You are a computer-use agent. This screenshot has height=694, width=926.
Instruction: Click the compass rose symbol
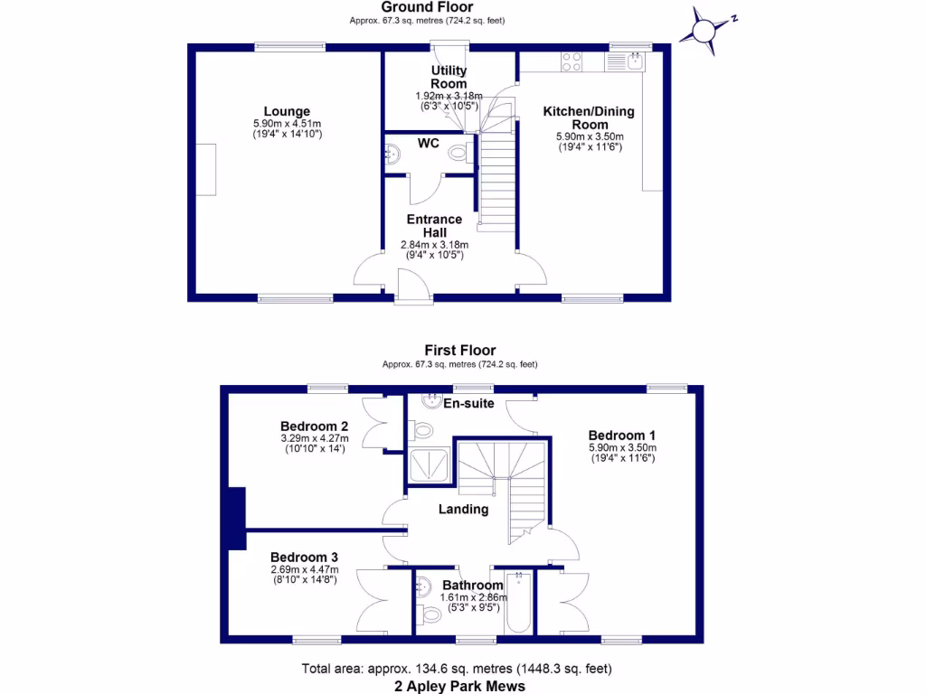[704, 31]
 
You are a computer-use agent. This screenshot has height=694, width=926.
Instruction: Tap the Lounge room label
[287, 111]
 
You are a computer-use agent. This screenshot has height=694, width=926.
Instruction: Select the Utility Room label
[449, 77]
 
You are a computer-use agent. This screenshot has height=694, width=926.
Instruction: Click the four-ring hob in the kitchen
[572, 62]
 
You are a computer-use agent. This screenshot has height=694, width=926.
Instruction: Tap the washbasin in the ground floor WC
[392, 155]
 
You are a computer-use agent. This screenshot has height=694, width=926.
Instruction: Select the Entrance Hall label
[435, 226]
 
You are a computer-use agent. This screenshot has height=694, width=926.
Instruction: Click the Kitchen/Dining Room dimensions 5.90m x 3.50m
[590, 136]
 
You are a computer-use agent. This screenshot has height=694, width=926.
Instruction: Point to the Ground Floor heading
[427, 7]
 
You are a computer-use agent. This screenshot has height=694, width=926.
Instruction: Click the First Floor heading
[460, 350]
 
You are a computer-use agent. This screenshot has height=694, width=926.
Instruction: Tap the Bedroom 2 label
[314, 427]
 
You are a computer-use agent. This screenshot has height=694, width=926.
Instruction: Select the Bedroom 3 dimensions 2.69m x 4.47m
[305, 569]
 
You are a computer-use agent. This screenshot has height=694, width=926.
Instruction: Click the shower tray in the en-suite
[430, 464]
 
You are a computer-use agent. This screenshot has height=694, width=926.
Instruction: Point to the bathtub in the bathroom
[519, 601]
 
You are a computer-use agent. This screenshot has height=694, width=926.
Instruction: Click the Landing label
[464, 510]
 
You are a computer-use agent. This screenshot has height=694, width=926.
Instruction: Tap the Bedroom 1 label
[622, 436]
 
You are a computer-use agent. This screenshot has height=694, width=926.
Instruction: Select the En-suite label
[469, 404]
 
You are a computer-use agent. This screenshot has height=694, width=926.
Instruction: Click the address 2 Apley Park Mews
[460, 687]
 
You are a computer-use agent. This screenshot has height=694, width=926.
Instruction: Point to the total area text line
[457, 669]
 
